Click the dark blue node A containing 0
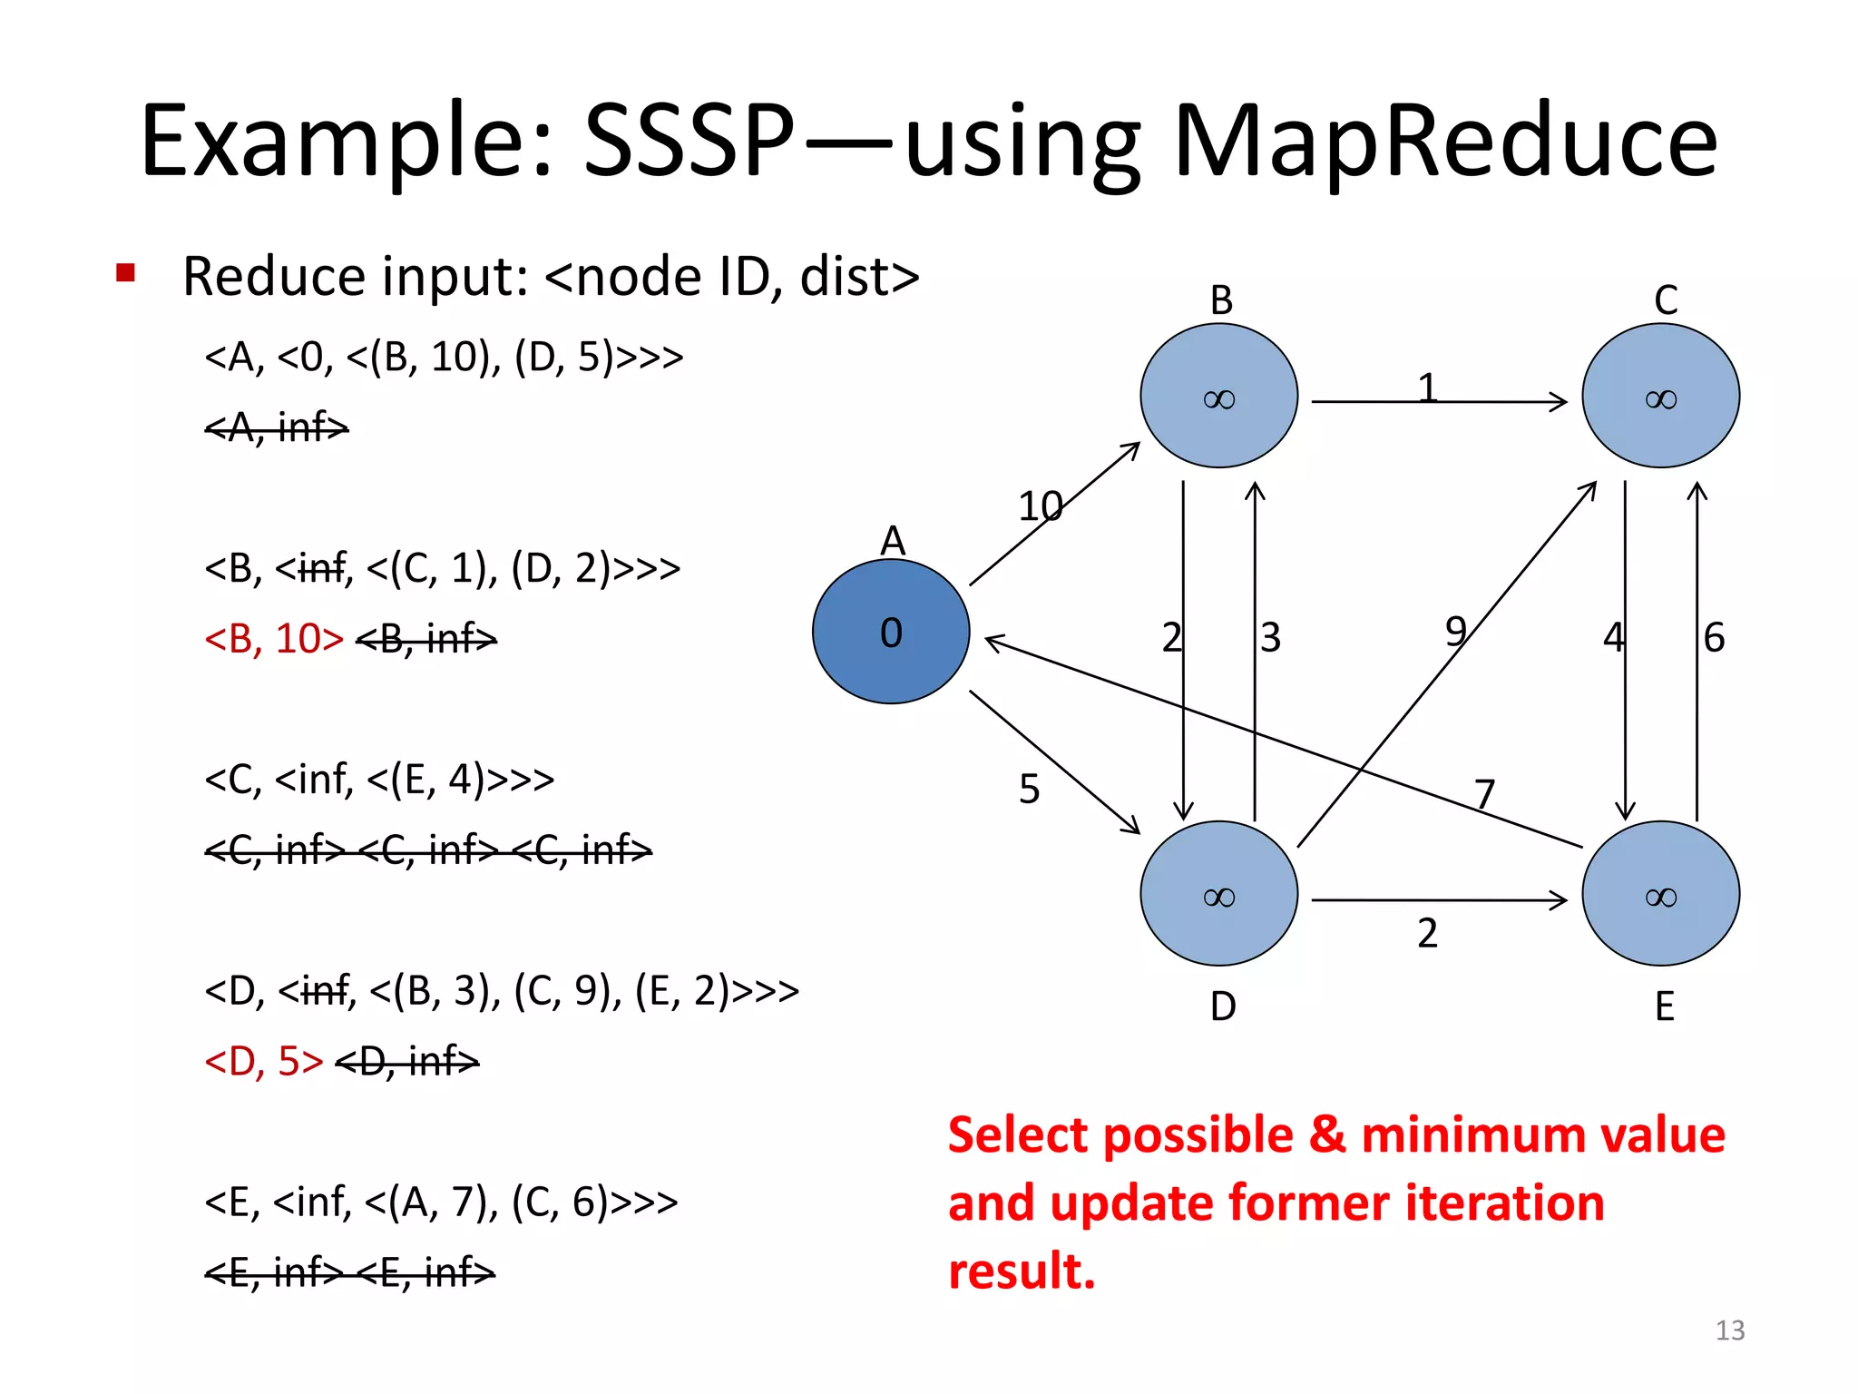click(891, 632)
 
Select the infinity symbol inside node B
click(1218, 399)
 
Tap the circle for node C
click(1660, 396)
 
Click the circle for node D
click(1218, 894)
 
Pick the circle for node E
click(1660, 894)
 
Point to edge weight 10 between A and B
click(1040, 506)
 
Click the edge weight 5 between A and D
click(1029, 789)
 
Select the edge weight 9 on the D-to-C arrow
click(1455, 631)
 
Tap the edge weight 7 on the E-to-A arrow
click(1484, 794)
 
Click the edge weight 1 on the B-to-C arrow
click(1427, 388)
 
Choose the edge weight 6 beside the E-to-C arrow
click(1714, 637)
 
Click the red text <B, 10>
click(274, 639)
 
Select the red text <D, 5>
click(263, 1061)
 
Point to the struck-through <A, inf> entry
click(277, 427)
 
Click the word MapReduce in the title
click(1444, 142)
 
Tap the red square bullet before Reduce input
click(125, 272)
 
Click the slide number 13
click(1729, 1330)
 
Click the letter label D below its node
click(1222, 1006)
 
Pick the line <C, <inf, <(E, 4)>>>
click(379, 779)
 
